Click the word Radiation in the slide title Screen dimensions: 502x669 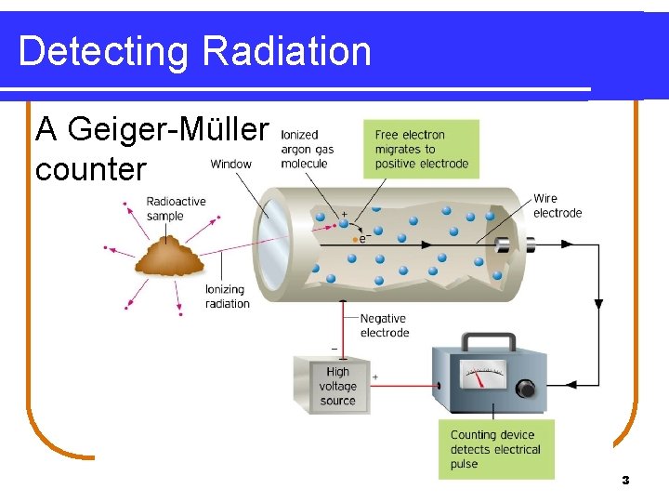[x=286, y=51]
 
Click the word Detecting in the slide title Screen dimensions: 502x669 [x=103, y=53]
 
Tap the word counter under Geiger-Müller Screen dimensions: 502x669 [x=90, y=169]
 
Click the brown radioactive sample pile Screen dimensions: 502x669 [x=169, y=258]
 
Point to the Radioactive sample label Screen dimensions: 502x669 [x=176, y=209]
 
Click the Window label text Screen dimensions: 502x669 [x=230, y=165]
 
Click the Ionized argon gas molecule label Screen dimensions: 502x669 [x=307, y=150]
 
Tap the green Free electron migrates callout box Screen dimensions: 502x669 [x=421, y=149]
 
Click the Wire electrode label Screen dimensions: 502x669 [x=557, y=205]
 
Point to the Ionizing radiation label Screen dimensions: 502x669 [x=227, y=297]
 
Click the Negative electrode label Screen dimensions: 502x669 [x=384, y=325]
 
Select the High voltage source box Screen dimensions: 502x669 [x=333, y=385]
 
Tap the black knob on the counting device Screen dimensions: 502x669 [x=527, y=388]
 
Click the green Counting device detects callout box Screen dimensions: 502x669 [x=496, y=449]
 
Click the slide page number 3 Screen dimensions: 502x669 [x=625, y=481]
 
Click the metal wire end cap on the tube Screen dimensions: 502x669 [x=506, y=244]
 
